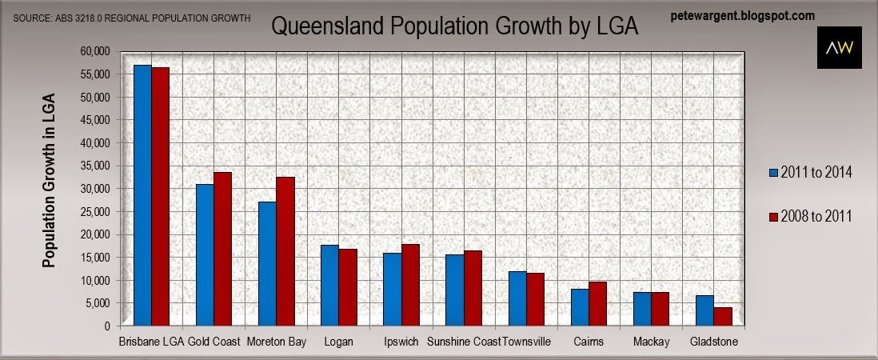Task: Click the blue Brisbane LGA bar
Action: click(142, 195)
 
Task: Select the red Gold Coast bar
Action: click(222, 249)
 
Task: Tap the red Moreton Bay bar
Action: click(285, 251)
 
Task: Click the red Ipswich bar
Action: click(410, 285)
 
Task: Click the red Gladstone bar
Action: click(723, 316)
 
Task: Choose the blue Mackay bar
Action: click(642, 309)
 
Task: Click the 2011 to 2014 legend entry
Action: click(811, 171)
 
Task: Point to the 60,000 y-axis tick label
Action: click(94, 51)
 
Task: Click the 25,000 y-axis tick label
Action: click(94, 211)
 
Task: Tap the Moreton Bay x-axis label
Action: click(277, 342)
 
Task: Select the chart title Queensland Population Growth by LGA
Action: click(455, 26)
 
